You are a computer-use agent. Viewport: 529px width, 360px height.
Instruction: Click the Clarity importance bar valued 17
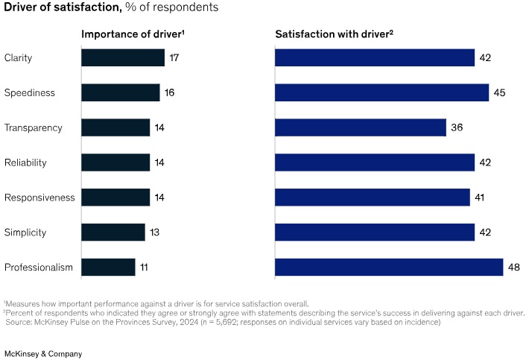click(122, 58)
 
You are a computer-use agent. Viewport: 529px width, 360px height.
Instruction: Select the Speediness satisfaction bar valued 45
click(381, 92)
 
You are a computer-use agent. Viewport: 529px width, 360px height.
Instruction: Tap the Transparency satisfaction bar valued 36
click(361, 127)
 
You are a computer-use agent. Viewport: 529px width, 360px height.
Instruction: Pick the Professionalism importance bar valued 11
click(108, 267)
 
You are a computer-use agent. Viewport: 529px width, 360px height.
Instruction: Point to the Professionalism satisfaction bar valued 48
click(389, 267)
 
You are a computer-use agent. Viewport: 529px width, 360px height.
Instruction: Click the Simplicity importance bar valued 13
click(113, 232)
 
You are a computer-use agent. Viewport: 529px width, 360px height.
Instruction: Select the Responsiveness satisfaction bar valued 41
click(373, 197)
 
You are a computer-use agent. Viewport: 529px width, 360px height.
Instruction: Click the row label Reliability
click(25, 162)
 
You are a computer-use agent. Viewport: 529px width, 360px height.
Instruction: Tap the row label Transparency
click(33, 127)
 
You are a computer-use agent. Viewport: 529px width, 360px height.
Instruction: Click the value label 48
click(513, 267)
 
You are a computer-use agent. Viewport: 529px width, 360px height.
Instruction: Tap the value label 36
click(457, 127)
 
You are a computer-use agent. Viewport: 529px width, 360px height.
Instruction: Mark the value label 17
click(174, 58)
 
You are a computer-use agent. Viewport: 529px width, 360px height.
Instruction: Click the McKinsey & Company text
click(43, 353)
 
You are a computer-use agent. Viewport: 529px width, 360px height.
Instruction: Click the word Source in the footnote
click(20, 322)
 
